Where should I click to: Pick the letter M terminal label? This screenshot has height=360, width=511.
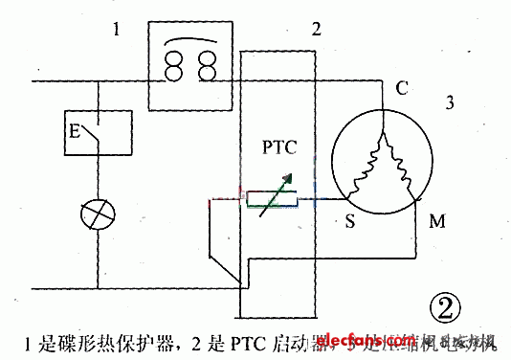436,223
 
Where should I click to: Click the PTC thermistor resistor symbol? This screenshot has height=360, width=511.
274,200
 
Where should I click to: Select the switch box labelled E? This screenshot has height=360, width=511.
96,134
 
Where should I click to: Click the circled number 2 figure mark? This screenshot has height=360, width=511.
445,308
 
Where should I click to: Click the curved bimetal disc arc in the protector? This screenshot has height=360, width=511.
191,39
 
